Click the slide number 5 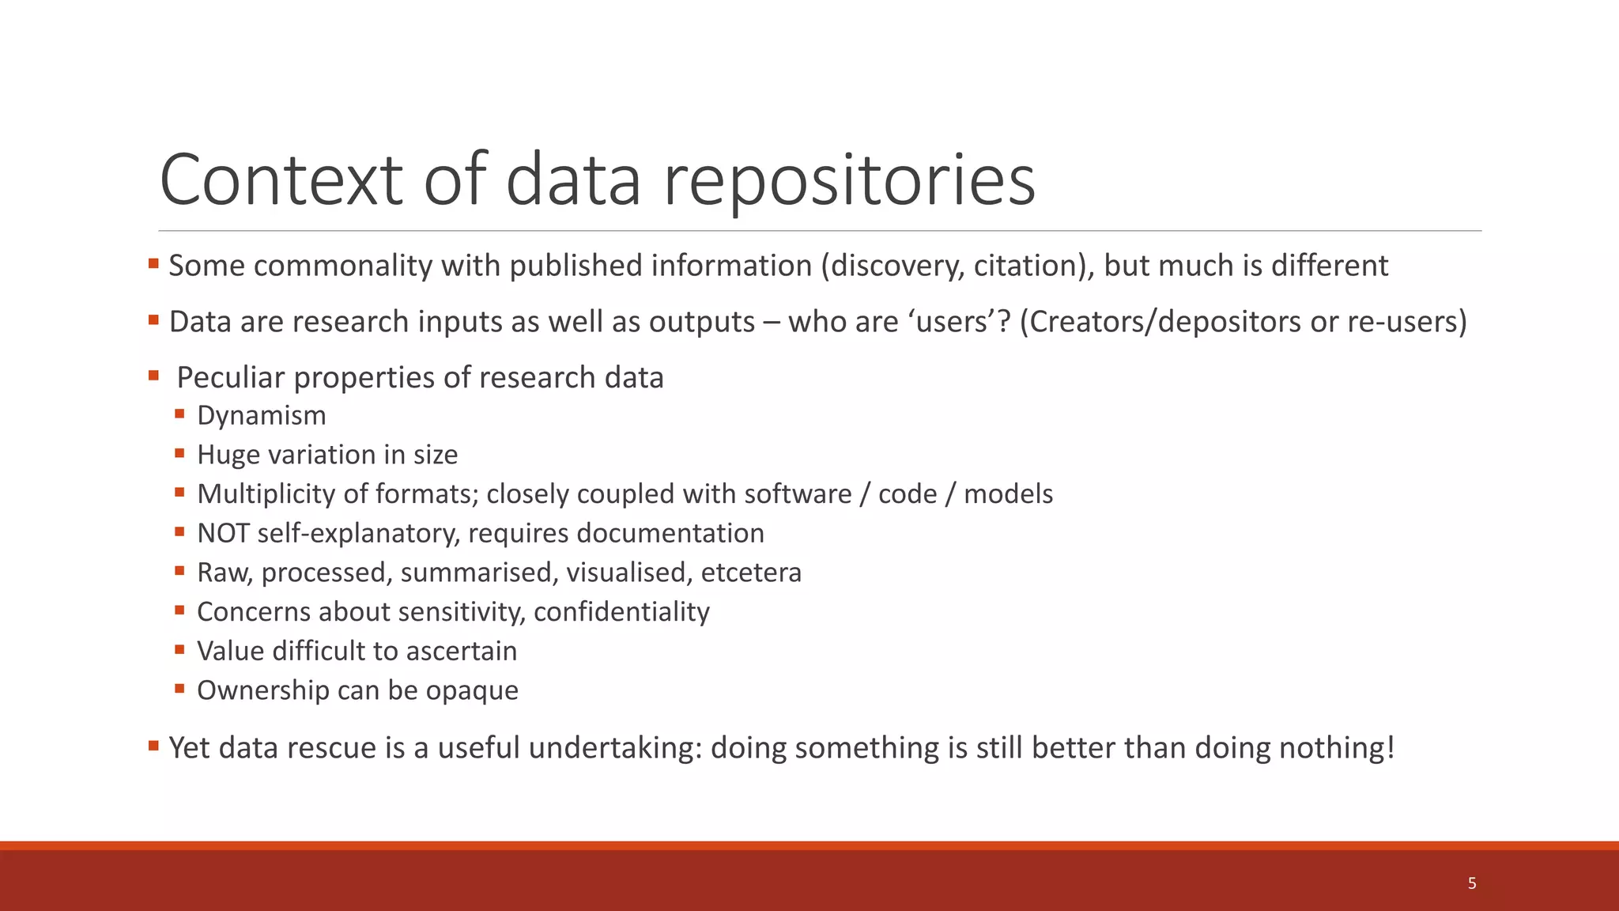(x=1471, y=883)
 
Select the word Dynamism (x=261, y=415)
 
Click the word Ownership (x=262, y=690)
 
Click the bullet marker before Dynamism (x=180, y=414)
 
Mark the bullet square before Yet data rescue (x=153, y=745)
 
